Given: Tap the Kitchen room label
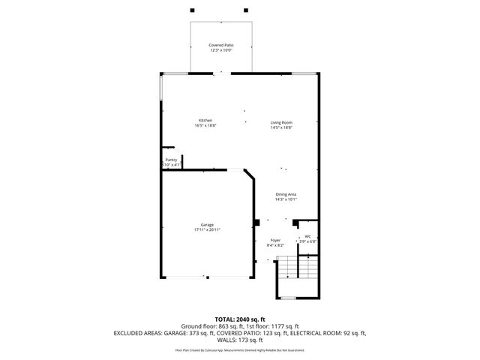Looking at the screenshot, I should pyautogui.click(x=205, y=121).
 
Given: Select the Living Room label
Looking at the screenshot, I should pyautogui.click(x=281, y=122).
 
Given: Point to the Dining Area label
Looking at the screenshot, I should pyautogui.click(x=286, y=194).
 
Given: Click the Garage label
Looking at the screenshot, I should pyautogui.click(x=207, y=225).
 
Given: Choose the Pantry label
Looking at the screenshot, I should pyautogui.click(x=172, y=160).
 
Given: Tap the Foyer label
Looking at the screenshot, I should pyautogui.click(x=275, y=240).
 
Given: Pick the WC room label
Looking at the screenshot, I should pyautogui.click(x=307, y=236).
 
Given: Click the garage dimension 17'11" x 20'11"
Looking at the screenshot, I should pyautogui.click(x=207, y=230).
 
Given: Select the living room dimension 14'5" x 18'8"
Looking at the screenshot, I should pyautogui.click(x=281, y=127).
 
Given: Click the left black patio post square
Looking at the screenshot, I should pyautogui.click(x=193, y=10).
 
